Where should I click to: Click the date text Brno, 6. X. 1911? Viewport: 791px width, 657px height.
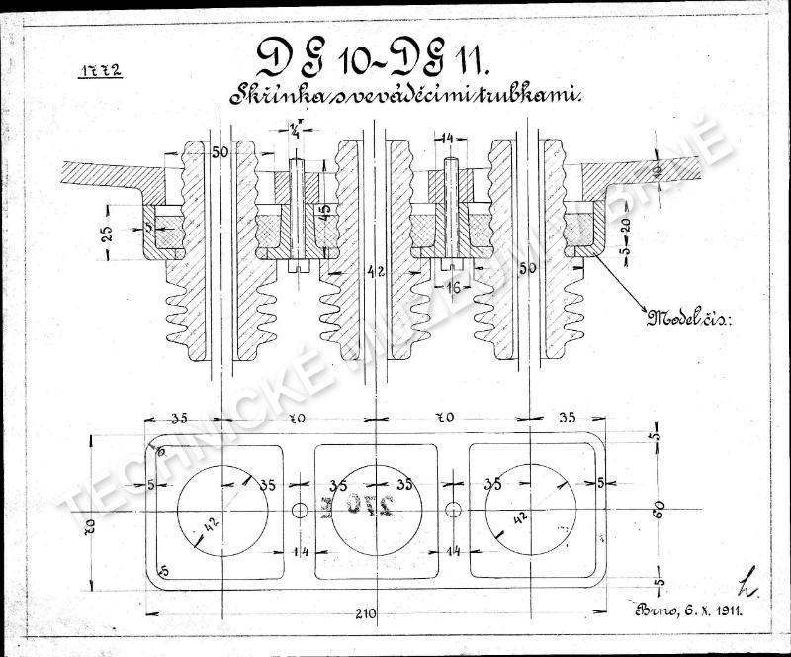[x=683, y=611]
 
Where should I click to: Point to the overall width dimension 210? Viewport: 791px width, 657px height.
[x=367, y=614]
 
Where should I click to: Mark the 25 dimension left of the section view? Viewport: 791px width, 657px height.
[x=107, y=233]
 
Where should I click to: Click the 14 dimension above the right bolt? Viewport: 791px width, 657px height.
[x=448, y=139]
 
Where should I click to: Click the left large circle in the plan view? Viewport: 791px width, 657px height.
[x=222, y=509]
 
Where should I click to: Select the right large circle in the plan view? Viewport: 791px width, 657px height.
[x=531, y=509]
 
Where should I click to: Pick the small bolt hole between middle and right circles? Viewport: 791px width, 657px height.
[x=453, y=509]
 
